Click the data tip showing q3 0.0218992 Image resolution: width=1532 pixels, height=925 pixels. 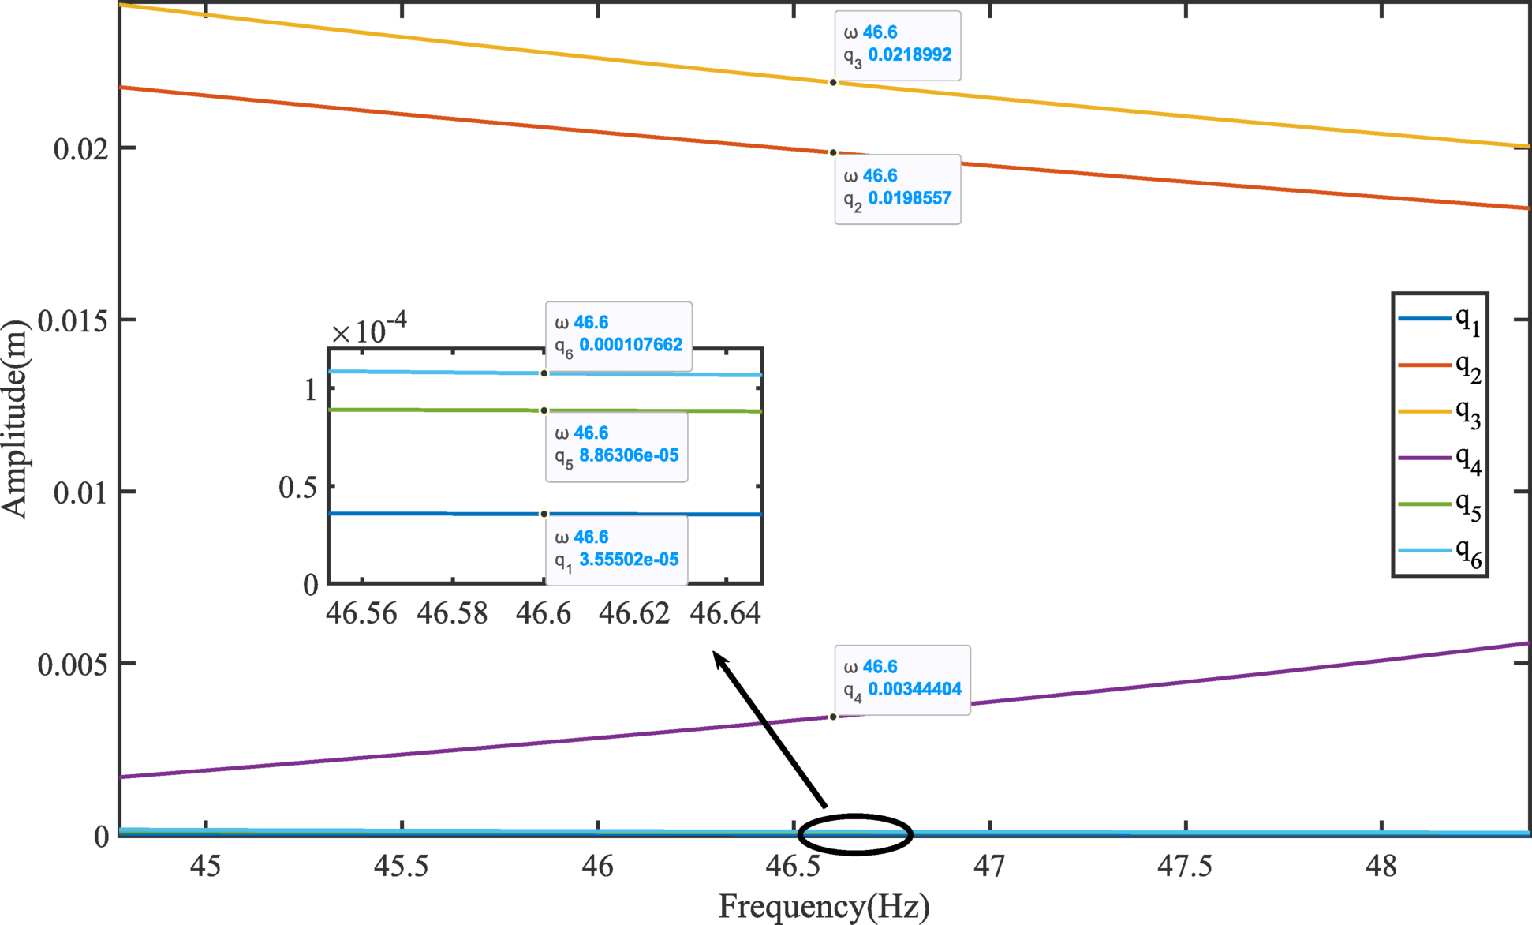point(897,45)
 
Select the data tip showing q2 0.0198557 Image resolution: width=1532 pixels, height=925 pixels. point(897,189)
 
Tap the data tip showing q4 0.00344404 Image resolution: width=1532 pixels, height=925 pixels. point(902,680)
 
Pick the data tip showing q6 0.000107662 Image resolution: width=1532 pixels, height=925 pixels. point(618,335)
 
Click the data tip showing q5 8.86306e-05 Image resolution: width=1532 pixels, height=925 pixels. point(616,446)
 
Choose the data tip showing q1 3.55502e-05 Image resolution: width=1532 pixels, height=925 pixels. point(616,550)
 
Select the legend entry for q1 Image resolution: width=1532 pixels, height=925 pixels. point(1440,320)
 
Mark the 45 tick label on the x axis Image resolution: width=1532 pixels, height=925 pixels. point(206,867)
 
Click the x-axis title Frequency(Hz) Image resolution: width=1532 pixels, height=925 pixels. point(824,906)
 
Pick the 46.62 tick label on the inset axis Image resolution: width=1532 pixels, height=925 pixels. point(633,613)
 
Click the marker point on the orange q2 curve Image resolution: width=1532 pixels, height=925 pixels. point(832,153)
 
